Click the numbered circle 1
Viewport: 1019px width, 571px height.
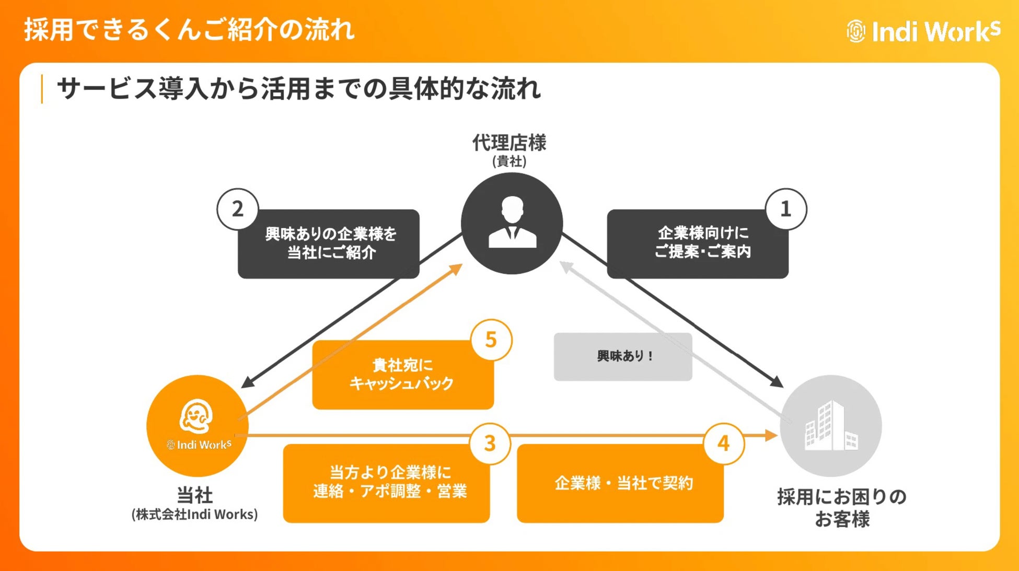[785, 209]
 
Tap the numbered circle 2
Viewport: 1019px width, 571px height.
[238, 209]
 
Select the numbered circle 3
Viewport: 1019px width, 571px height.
[490, 444]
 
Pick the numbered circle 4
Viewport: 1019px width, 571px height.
[723, 444]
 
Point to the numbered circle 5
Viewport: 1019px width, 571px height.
[491, 340]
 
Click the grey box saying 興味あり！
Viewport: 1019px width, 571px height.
[623, 357]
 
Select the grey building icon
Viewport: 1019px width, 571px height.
[831, 426]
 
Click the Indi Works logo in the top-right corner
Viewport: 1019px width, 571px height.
[923, 31]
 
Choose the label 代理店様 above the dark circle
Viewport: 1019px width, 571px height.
[509, 143]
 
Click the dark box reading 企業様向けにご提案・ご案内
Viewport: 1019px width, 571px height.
[698, 243]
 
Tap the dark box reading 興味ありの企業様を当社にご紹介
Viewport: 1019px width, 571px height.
[329, 243]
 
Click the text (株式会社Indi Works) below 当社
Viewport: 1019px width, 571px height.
[194, 515]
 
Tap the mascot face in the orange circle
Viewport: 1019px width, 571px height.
[196, 416]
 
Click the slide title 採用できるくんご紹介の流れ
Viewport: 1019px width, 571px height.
[189, 29]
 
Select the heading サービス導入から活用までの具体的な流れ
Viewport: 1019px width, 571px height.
[298, 89]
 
